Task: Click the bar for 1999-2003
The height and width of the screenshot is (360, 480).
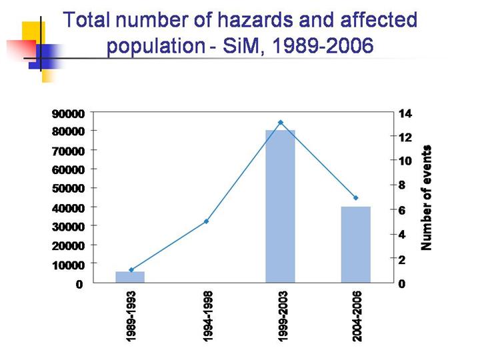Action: point(280,207)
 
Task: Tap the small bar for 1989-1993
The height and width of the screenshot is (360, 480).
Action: point(130,277)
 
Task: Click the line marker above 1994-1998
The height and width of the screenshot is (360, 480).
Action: point(206,221)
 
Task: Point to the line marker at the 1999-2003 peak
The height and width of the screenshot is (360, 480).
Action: point(281,123)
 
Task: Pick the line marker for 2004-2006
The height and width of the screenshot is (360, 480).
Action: point(356,198)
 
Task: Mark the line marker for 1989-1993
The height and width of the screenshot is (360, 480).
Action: point(131,270)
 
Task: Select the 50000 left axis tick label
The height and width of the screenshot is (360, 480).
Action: point(69,189)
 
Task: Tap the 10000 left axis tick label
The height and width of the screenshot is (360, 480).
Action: point(69,265)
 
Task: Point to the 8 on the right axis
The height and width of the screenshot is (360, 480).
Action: point(401,185)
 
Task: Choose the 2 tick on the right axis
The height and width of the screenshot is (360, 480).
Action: point(401,259)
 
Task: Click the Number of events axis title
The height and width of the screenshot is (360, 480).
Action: point(427,197)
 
